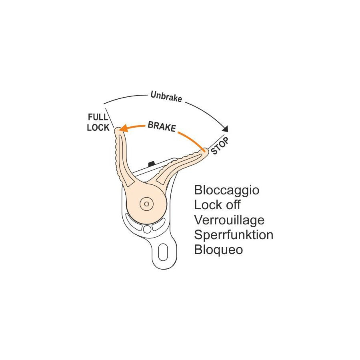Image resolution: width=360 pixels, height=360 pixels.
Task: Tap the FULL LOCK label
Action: coord(98,122)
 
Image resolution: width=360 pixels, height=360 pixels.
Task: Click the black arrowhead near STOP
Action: coord(226,129)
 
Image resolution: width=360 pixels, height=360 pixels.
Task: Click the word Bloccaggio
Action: coord(226,190)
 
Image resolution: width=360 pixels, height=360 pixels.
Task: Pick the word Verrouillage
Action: coord(229,220)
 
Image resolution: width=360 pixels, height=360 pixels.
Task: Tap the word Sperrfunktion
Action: coord(234,234)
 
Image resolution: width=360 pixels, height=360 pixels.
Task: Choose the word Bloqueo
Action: coord(218,249)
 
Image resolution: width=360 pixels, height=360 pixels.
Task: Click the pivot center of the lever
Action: coord(147,204)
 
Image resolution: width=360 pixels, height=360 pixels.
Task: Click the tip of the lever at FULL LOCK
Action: coord(118,130)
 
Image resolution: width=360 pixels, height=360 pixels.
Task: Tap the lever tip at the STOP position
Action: coord(204,151)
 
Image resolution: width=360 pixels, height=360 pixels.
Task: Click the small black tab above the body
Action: coord(151,163)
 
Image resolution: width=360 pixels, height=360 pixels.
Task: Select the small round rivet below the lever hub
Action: coord(147,229)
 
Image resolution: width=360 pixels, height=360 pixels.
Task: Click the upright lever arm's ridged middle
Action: coord(122,160)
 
